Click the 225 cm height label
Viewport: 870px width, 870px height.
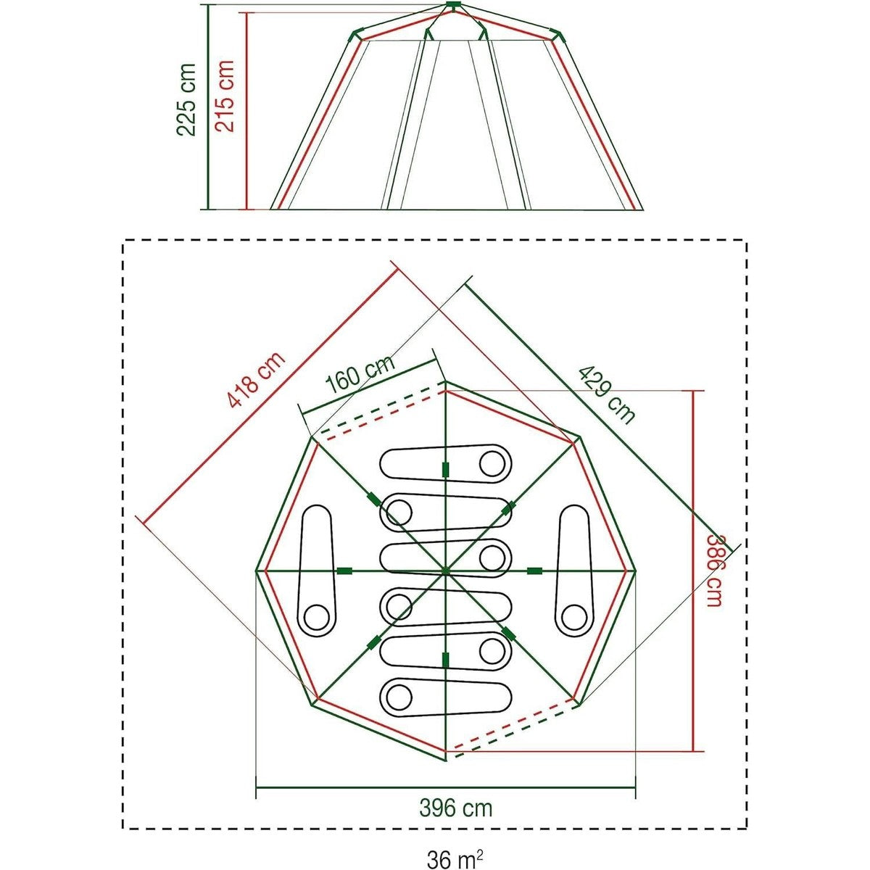(x=186, y=100)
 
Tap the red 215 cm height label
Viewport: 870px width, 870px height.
(x=224, y=96)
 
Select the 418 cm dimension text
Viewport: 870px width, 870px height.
(x=256, y=379)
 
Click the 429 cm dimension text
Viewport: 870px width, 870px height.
(x=606, y=395)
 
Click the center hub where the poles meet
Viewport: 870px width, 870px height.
(x=446, y=571)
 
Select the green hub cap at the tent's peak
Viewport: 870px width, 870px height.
(x=453, y=5)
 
